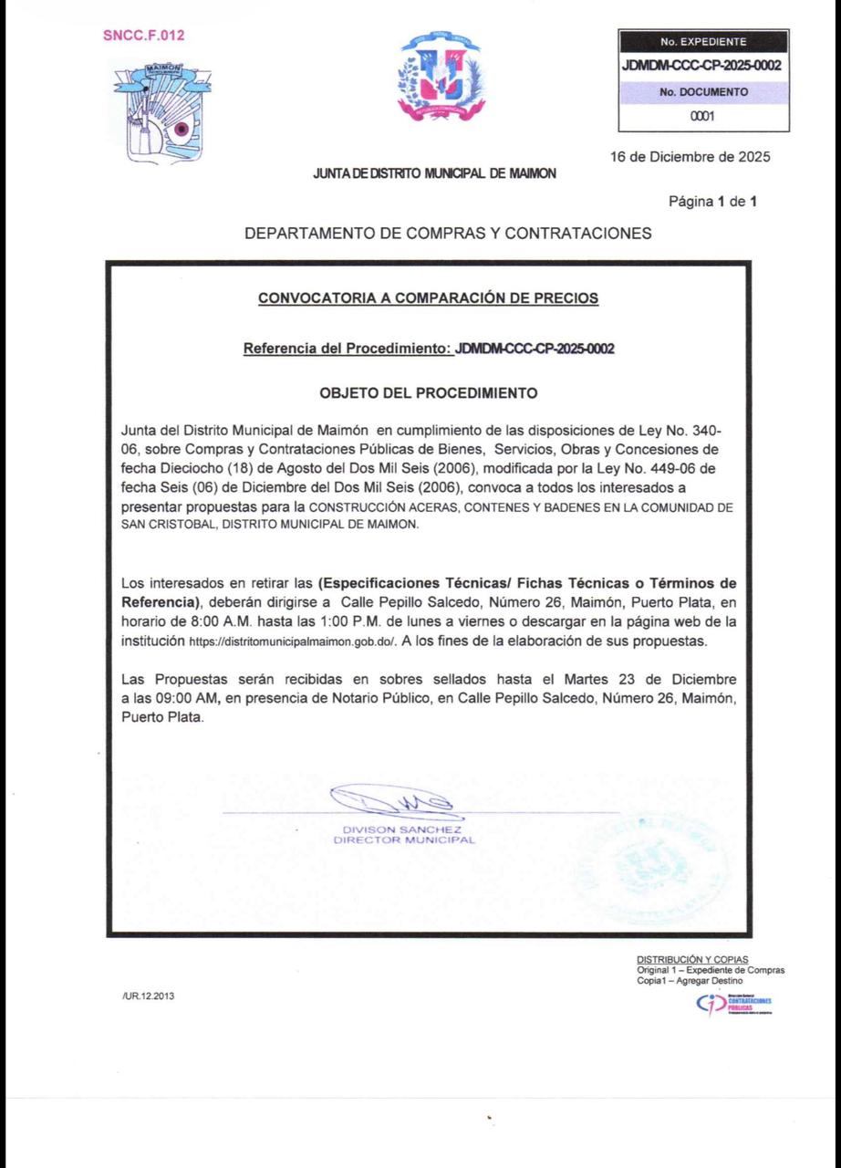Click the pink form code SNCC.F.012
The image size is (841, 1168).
[x=144, y=36]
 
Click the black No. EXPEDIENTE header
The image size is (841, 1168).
[x=702, y=41]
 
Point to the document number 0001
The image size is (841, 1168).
[x=702, y=116]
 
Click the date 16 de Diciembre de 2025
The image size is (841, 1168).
[x=690, y=156]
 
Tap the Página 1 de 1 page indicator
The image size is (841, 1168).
[x=713, y=201]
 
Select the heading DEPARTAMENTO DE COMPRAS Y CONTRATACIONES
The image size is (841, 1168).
[x=448, y=234]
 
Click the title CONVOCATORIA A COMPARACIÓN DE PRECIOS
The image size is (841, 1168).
[x=429, y=297]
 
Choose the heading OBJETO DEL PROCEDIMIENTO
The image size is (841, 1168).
[x=429, y=394]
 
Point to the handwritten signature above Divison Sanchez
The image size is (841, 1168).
[x=392, y=803]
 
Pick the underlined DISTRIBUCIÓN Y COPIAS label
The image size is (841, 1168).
[x=692, y=960]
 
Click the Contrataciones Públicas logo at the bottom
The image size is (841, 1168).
[x=733, y=1003]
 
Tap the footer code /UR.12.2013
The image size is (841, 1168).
[x=147, y=996]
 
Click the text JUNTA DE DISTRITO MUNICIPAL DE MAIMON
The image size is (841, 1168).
[x=434, y=172]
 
